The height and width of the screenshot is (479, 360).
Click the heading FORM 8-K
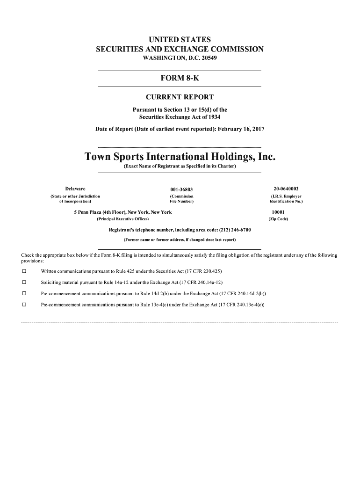pyautogui.click(x=180, y=79)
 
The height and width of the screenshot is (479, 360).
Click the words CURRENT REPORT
pyautogui.click(x=180, y=97)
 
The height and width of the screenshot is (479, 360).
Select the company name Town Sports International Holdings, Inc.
pyautogui.click(x=180, y=156)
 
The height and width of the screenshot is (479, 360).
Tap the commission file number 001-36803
pyautogui.click(x=181, y=189)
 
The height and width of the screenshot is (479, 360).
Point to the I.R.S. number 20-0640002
pyautogui.click(x=286, y=189)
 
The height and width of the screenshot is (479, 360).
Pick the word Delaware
pyautogui.click(x=75, y=189)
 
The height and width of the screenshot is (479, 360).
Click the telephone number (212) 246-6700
pyautogui.click(x=232, y=230)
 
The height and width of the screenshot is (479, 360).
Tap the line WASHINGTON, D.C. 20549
pyautogui.click(x=180, y=58)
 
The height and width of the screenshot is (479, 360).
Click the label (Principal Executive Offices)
pyautogui.click(x=122, y=219)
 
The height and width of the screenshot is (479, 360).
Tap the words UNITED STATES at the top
pyautogui.click(x=180, y=40)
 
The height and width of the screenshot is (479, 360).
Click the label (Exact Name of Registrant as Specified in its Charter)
pyautogui.click(x=180, y=167)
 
